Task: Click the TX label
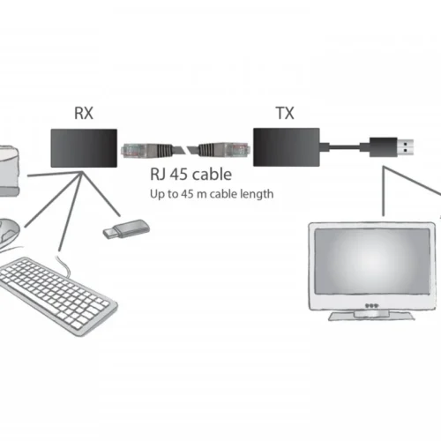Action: (285, 114)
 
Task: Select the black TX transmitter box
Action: (287, 146)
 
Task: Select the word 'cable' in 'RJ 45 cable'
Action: (213, 175)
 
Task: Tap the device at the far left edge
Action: (11, 169)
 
